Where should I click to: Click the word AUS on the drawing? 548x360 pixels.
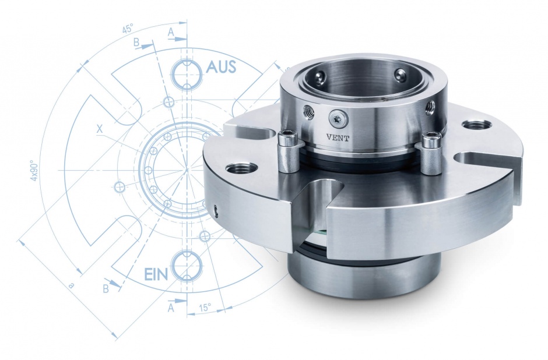221,66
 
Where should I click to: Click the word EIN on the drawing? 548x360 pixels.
156,274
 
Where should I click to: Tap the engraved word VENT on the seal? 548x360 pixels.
338,138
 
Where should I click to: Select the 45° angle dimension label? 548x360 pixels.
127,29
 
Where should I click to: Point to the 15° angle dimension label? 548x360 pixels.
205,308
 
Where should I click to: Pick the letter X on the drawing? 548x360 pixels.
100,129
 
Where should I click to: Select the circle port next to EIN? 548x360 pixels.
188,265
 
